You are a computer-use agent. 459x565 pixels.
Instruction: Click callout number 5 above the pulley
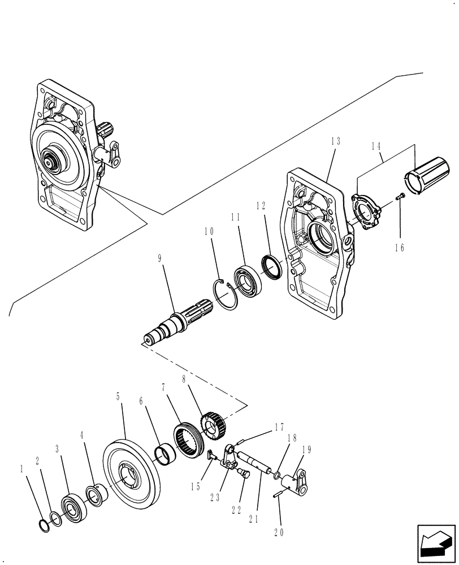tap(118, 397)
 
